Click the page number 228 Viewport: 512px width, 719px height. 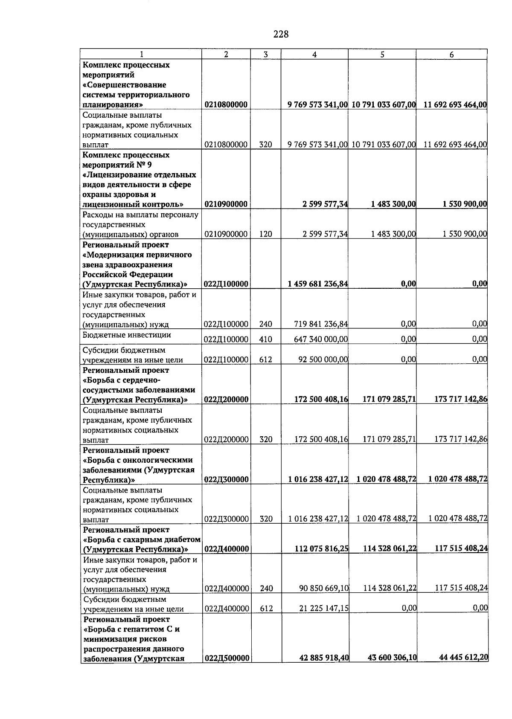[x=281, y=34]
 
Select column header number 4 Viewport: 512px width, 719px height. [x=314, y=55]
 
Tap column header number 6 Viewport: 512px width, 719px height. [x=451, y=55]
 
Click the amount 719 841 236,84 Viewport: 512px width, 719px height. [x=321, y=324]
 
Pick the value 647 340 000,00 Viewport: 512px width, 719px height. [x=321, y=339]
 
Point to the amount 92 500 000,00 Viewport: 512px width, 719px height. [x=323, y=359]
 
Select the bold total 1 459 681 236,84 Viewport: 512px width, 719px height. [x=318, y=284]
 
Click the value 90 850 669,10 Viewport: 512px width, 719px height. [x=324, y=589]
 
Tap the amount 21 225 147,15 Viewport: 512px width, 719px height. [x=324, y=609]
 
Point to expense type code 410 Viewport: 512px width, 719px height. [x=265, y=339]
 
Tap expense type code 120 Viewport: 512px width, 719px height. [x=265, y=234]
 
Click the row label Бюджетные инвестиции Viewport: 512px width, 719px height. [x=127, y=335]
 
